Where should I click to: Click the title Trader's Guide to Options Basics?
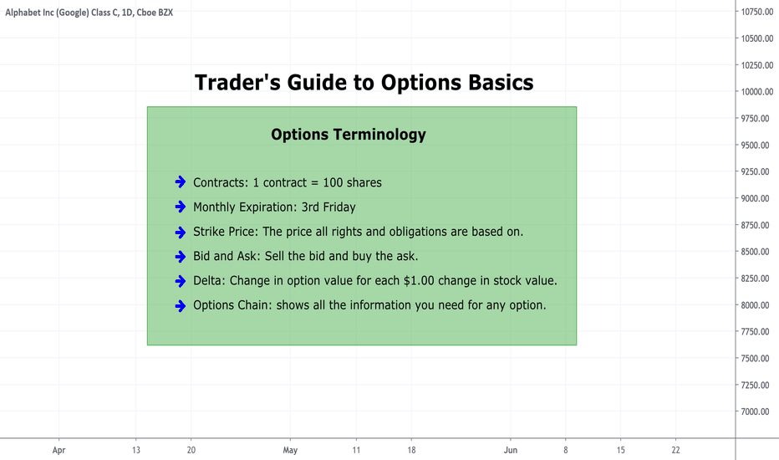(364, 83)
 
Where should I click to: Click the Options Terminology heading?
(349, 135)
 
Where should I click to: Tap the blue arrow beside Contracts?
(181, 182)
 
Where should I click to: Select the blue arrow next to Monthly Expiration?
(181, 207)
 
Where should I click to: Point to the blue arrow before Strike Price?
(181, 232)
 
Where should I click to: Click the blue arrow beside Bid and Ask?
(181, 256)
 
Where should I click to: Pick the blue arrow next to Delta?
(181, 281)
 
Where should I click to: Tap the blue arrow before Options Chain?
(181, 305)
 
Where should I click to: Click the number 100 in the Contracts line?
(333, 182)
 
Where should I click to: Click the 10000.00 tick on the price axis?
(757, 91)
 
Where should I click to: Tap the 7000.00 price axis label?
(755, 411)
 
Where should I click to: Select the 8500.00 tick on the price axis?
(755, 252)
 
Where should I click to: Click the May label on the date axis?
(290, 450)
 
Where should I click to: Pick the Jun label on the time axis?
(510, 450)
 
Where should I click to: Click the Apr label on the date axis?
(59, 450)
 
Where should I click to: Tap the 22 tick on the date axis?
(675, 450)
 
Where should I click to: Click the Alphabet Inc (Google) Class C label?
(62, 13)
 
